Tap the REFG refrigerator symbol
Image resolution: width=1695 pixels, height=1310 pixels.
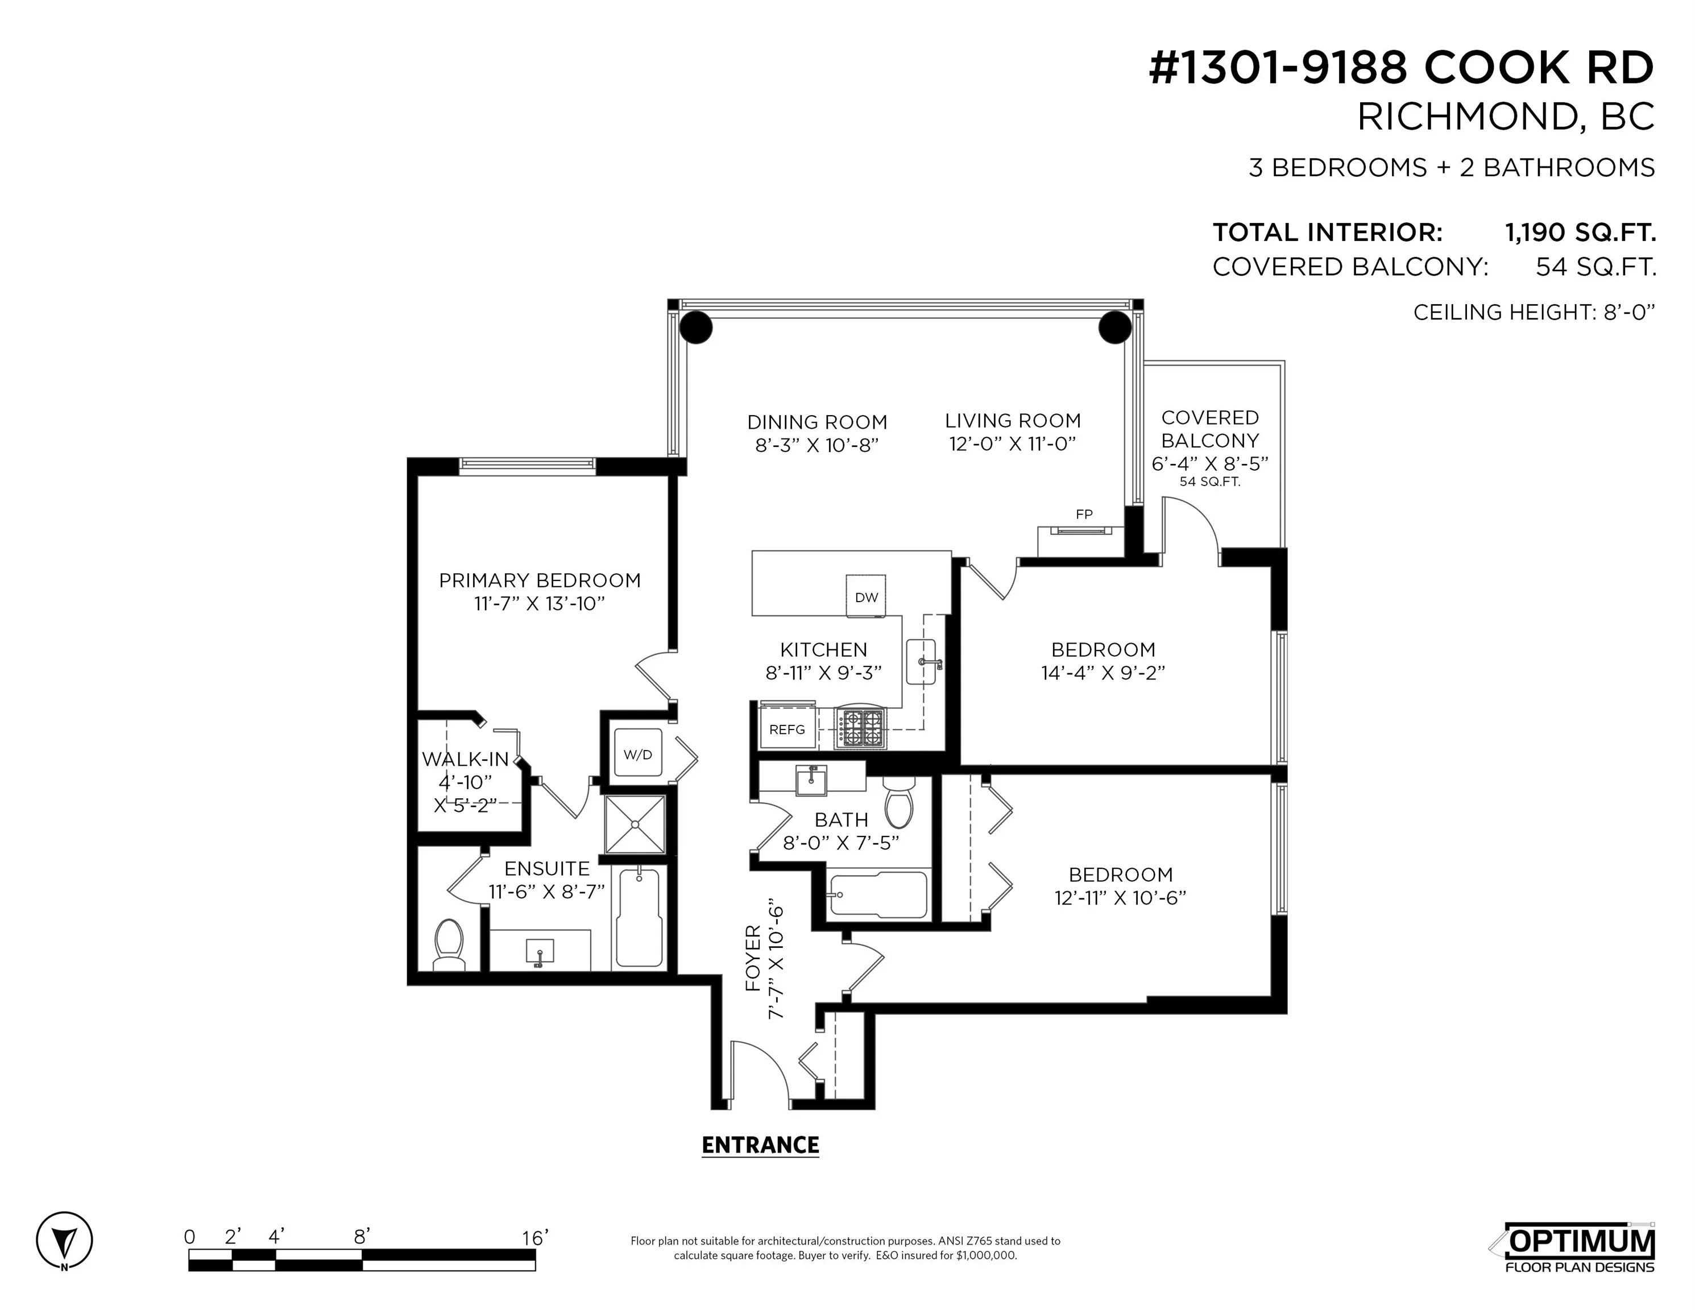pyautogui.click(x=787, y=729)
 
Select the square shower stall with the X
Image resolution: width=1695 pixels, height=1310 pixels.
pyautogui.click(x=636, y=824)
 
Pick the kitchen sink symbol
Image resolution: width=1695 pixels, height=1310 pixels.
pyautogui.click(x=922, y=662)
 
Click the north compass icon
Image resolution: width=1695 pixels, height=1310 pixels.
pyautogui.click(x=64, y=1240)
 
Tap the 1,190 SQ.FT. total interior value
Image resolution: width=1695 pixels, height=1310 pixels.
pyautogui.click(x=1580, y=232)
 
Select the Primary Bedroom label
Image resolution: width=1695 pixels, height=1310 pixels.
pyautogui.click(x=540, y=581)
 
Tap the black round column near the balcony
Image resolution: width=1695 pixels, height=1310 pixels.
pyautogui.click(x=1114, y=327)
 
